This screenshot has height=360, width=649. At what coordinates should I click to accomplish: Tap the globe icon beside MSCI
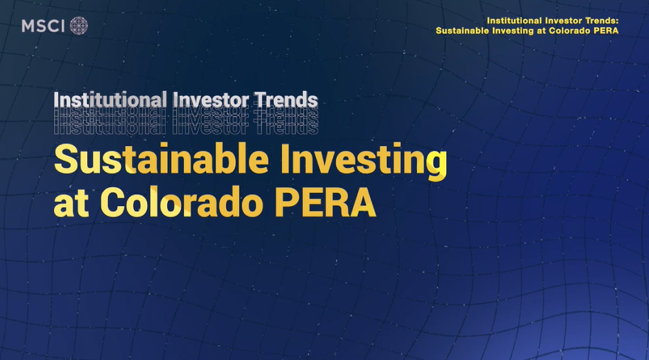(x=79, y=26)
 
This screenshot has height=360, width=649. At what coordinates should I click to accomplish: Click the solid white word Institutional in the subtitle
(x=110, y=101)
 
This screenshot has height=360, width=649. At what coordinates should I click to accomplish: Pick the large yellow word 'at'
(x=70, y=205)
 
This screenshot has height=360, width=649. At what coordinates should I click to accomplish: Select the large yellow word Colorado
(x=185, y=203)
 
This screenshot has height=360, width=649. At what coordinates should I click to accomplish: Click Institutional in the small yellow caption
(x=514, y=21)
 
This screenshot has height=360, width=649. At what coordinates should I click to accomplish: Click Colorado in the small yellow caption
(x=568, y=31)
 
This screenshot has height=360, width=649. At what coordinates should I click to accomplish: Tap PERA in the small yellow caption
(x=605, y=31)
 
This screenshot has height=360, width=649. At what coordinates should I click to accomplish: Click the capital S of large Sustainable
(x=66, y=161)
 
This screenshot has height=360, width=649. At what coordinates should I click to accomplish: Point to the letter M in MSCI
(x=29, y=26)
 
